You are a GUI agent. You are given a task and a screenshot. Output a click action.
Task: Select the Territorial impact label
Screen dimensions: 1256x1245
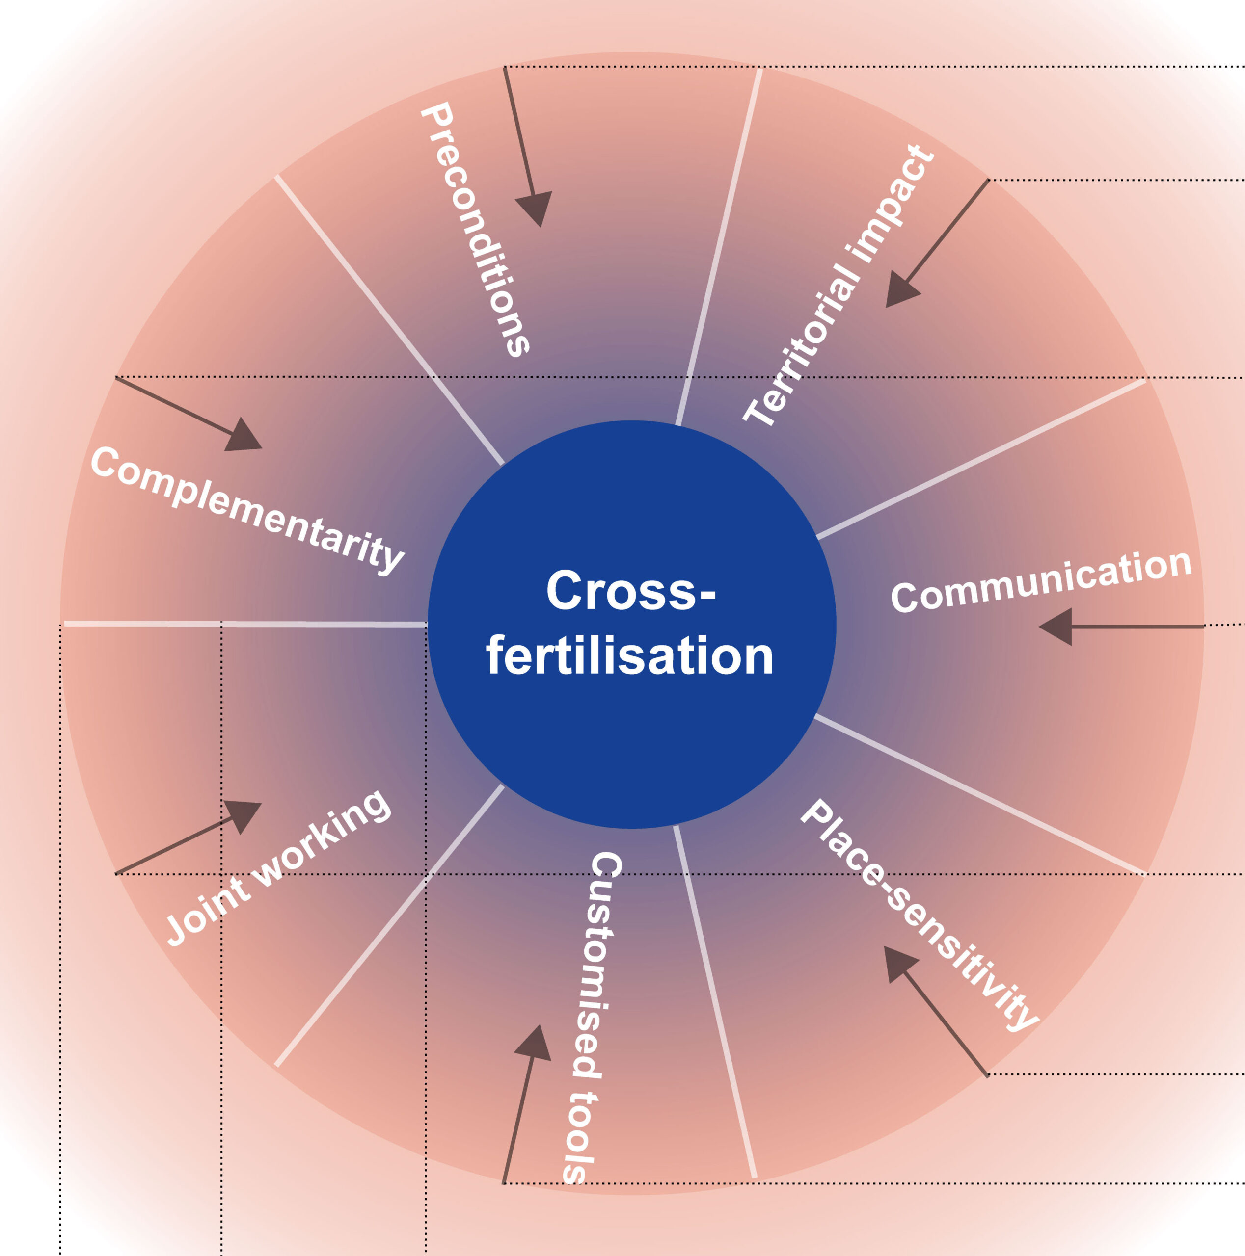click(x=839, y=286)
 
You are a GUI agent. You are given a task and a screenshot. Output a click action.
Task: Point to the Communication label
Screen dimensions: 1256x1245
click(x=1040, y=580)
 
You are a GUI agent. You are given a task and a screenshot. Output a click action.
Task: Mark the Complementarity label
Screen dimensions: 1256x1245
click(x=247, y=510)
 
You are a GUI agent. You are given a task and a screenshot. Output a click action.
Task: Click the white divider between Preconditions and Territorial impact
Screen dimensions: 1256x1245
click(x=719, y=247)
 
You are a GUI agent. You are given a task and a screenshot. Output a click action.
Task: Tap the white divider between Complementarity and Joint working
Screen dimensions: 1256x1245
click(x=247, y=624)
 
